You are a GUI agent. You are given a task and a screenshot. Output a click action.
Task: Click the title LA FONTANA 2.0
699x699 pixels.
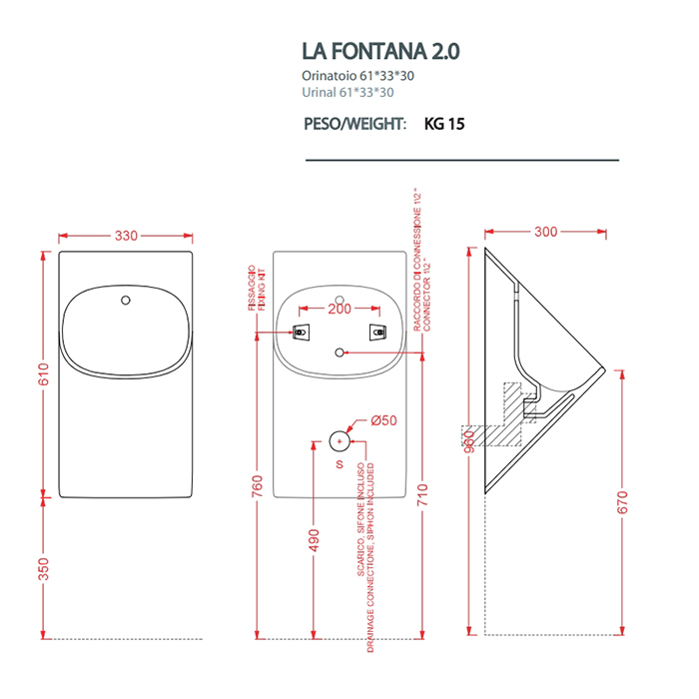pyautogui.click(x=380, y=51)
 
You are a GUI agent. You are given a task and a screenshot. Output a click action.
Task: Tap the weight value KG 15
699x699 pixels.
pyautogui.click(x=444, y=125)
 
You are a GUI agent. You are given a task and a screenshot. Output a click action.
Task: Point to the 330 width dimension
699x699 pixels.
pyautogui.click(x=126, y=236)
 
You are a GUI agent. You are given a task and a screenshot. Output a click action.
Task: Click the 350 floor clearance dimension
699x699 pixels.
pyautogui.click(x=44, y=569)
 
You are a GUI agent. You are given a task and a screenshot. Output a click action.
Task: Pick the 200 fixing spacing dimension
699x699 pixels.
pyautogui.click(x=340, y=310)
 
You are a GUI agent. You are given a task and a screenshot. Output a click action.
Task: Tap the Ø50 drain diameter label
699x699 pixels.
pyautogui.click(x=384, y=420)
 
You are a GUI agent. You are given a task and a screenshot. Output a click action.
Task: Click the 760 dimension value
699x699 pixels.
pyautogui.click(x=258, y=486)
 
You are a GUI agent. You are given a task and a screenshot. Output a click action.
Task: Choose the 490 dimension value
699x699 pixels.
pyautogui.click(x=315, y=540)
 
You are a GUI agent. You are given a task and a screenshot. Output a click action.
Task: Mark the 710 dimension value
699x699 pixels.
pyautogui.click(x=422, y=492)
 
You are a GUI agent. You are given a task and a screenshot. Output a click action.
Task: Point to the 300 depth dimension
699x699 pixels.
pyautogui.click(x=545, y=232)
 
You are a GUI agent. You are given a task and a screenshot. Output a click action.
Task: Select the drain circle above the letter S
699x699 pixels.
pyautogui.click(x=341, y=439)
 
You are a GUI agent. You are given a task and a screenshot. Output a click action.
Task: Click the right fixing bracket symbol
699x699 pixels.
pyautogui.click(x=377, y=332)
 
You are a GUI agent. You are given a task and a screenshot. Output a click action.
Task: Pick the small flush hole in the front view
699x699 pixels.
pyautogui.click(x=125, y=300)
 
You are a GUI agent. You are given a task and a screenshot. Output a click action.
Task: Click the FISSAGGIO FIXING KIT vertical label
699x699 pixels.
pyautogui.click(x=255, y=291)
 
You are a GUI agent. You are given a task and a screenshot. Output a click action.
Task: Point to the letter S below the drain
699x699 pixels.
pyautogui.click(x=340, y=464)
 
